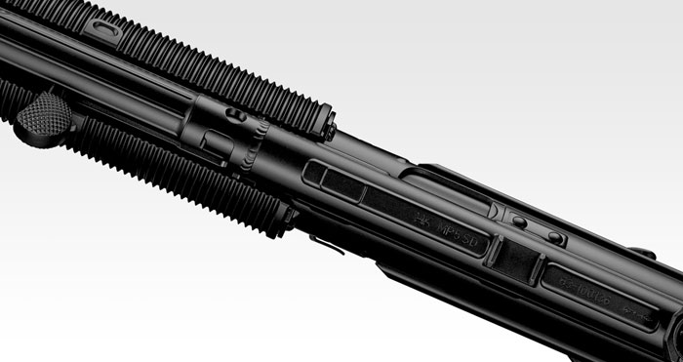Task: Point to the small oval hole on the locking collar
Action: (234, 115)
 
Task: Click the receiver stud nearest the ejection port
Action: (519, 221)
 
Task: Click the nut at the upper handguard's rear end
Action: (330, 129)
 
